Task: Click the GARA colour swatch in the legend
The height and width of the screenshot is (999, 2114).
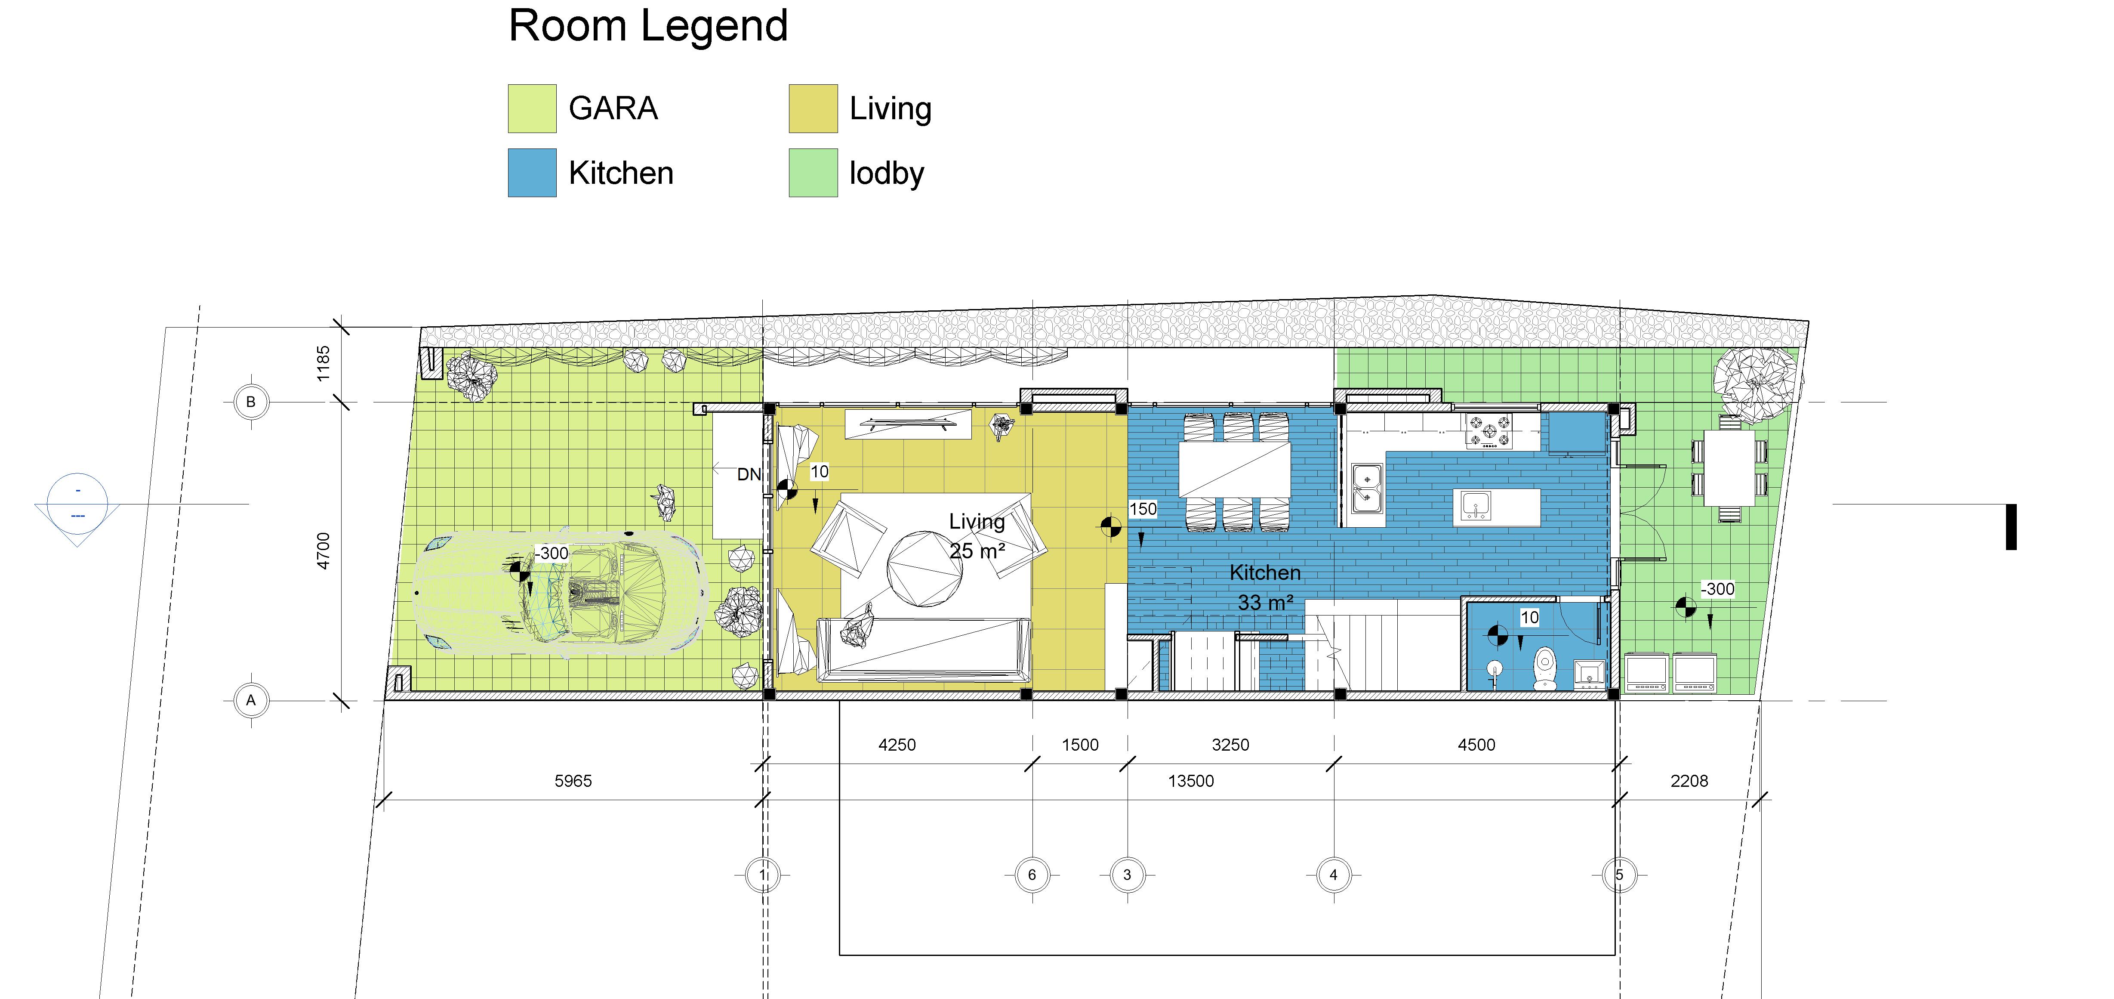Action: tap(532, 108)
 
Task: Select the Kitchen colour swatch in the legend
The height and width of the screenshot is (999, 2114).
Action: tap(532, 173)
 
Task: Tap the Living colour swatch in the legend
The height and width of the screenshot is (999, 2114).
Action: tap(813, 108)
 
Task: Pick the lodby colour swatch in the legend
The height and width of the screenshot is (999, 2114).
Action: tap(813, 173)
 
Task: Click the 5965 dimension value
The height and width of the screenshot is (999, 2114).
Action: tap(573, 781)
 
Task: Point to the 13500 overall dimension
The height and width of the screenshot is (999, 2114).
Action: tap(1191, 781)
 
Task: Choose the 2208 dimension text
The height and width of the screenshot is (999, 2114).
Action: tap(1689, 781)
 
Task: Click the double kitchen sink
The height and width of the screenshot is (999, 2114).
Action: tap(1367, 489)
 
